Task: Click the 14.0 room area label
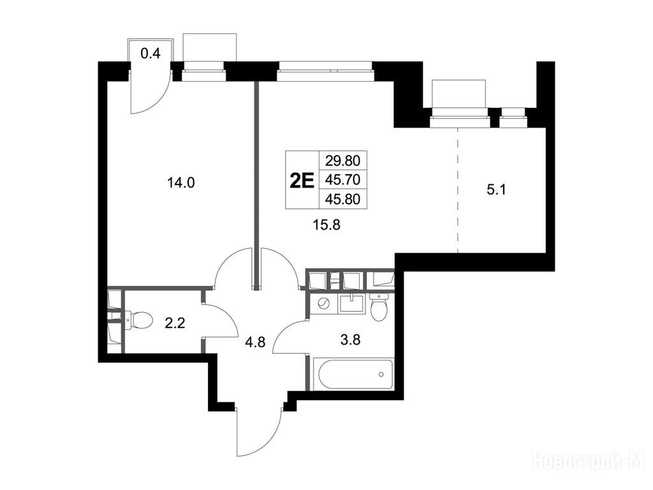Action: [180, 182]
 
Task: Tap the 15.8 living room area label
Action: [326, 225]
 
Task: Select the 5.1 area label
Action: [496, 190]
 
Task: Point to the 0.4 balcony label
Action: [150, 54]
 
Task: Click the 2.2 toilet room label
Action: [175, 323]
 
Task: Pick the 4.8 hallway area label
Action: [255, 344]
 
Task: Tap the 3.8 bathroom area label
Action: [350, 341]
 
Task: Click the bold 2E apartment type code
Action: [302, 181]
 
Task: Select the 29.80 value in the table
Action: [342, 160]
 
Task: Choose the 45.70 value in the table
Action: [342, 179]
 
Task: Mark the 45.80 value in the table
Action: [342, 199]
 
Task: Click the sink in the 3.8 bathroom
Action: [353, 303]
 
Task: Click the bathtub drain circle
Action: [381, 374]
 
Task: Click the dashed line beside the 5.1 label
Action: [458, 190]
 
